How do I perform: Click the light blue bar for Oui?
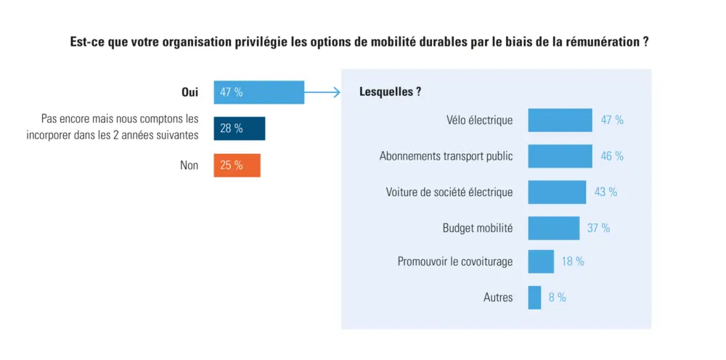[x=258, y=92]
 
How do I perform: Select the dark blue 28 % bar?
[x=239, y=128]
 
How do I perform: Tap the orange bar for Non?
[x=237, y=165]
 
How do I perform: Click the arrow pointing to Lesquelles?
[x=323, y=92]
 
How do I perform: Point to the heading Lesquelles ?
[x=391, y=92]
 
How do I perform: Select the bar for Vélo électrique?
[x=560, y=120]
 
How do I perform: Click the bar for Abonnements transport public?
[x=559, y=156]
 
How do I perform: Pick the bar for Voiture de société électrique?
[x=557, y=192]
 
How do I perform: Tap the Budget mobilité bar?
[x=553, y=228]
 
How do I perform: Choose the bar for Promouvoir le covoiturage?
[x=541, y=261]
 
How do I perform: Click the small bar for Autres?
[x=534, y=298]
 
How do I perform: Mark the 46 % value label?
[x=612, y=156]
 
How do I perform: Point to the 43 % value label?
[x=605, y=192]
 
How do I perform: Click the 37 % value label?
[x=598, y=228]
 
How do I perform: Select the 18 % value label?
[x=573, y=261]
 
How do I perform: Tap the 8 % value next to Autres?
[x=558, y=298]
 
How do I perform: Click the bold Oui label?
[x=189, y=92]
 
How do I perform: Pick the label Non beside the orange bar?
[x=189, y=165]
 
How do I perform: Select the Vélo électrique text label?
[x=479, y=120]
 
